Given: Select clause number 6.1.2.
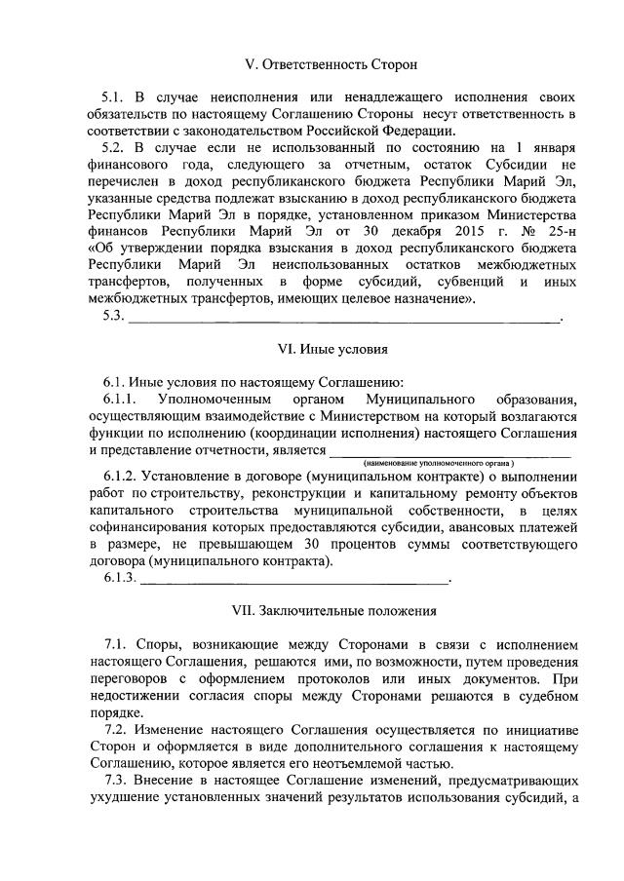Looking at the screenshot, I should (120, 477).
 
